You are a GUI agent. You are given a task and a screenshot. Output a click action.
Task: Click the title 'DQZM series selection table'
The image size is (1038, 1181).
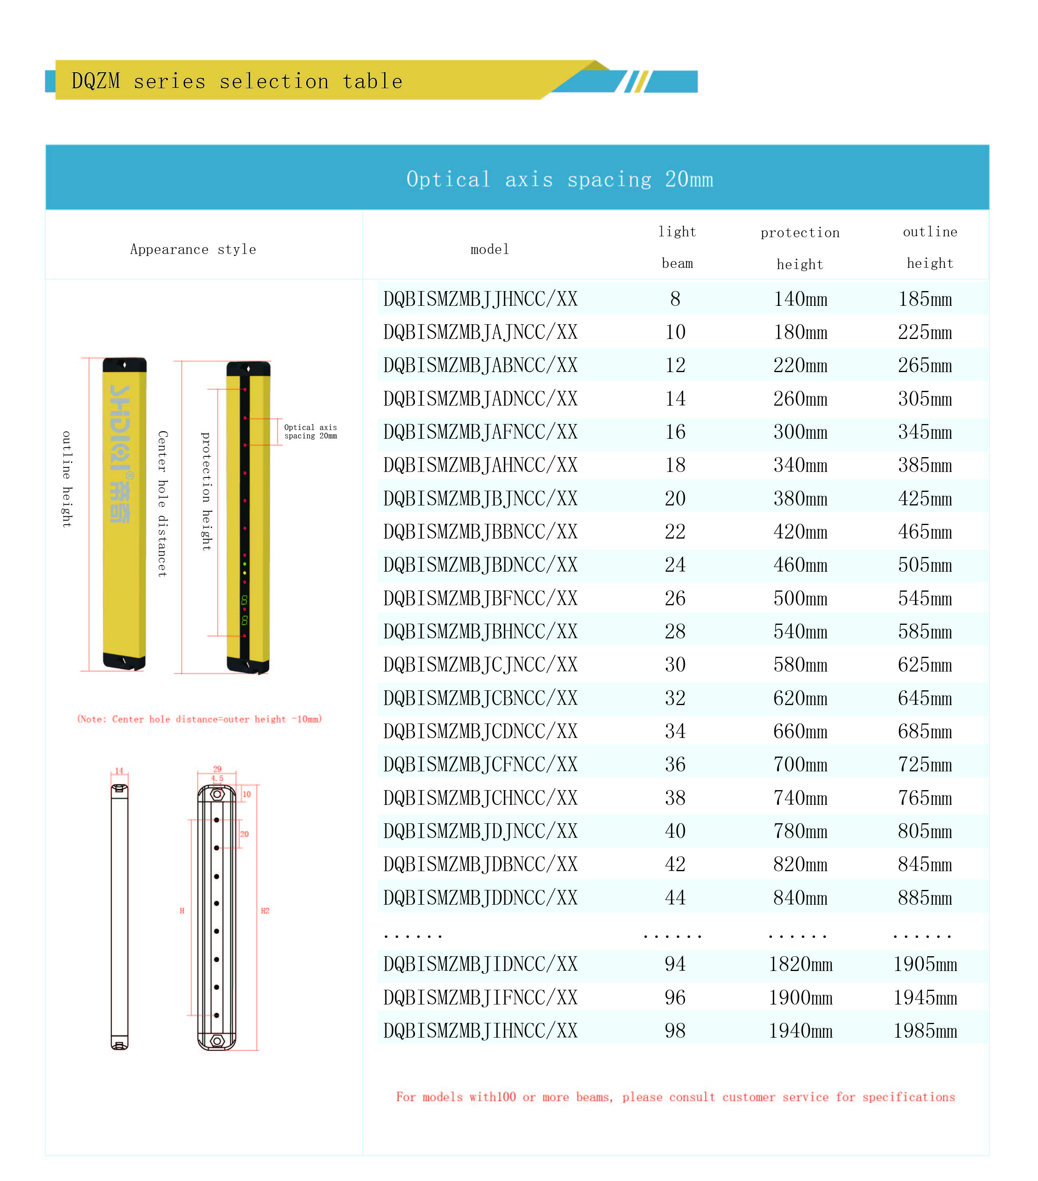click(236, 81)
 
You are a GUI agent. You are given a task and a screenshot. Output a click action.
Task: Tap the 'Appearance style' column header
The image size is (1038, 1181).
click(193, 250)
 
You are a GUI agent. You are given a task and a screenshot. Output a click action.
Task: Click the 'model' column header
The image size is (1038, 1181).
click(490, 250)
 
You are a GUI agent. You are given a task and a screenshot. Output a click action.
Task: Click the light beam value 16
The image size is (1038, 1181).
click(675, 432)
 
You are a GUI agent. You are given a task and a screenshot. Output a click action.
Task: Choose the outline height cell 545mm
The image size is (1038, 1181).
click(925, 598)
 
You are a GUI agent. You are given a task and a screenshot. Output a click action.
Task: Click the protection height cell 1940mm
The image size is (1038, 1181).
click(800, 1031)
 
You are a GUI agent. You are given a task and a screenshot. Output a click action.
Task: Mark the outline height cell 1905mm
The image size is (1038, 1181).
click(925, 964)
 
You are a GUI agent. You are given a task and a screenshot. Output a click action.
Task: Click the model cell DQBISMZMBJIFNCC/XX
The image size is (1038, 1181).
click(480, 998)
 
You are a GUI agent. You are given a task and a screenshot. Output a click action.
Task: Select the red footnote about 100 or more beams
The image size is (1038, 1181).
click(675, 1097)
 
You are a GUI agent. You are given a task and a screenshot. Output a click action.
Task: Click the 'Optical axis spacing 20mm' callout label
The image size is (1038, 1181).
click(310, 432)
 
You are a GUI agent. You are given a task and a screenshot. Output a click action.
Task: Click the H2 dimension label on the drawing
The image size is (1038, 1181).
click(265, 911)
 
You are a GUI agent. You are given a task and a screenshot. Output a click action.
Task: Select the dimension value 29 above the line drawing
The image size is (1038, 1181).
click(217, 769)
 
